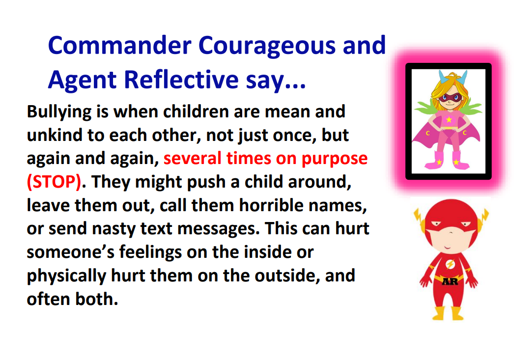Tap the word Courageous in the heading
[x=267, y=46]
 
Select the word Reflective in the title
[x=182, y=79]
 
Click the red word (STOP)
[x=54, y=182]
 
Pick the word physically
[x=66, y=277]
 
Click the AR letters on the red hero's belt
[x=450, y=281]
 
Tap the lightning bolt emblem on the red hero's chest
[x=451, y=264]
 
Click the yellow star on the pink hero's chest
[x=449, y=119]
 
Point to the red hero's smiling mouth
[x=447, y=247]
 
